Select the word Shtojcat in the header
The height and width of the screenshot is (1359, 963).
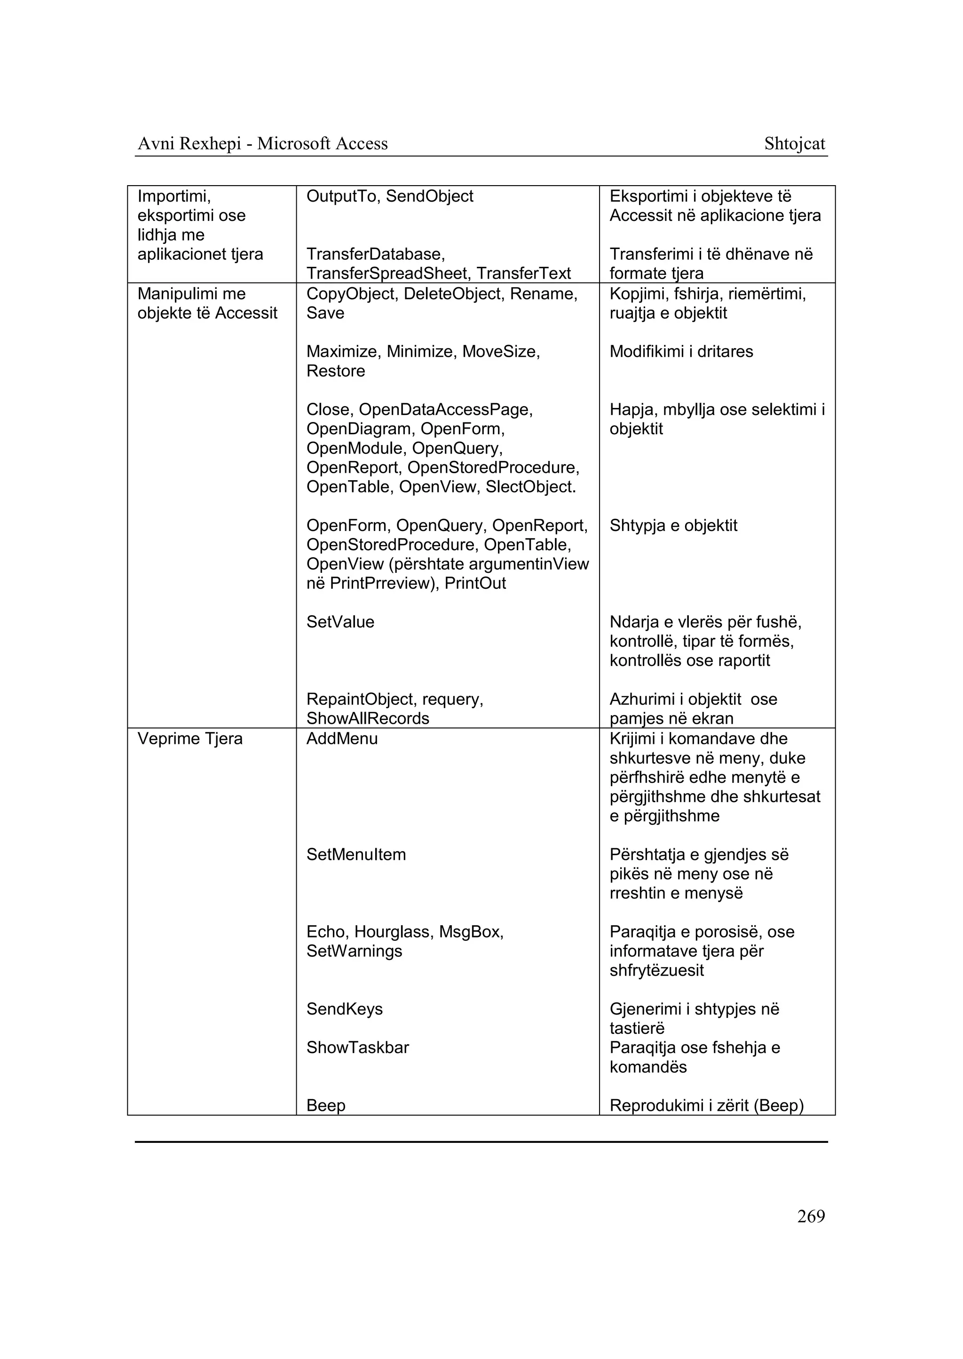[x=794, y=144]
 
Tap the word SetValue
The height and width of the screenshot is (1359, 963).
[x=340, y=622]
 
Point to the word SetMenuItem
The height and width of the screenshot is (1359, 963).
[x=356, y=855]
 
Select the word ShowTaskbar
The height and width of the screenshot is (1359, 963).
[x=357, y=1047]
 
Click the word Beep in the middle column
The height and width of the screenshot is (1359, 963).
[x=325, y=1105]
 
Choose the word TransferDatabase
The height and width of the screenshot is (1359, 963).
[x=375, y=254]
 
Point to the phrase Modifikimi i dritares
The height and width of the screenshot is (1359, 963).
[x=681, y=351]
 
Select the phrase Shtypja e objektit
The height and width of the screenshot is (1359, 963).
[x=673, y=526]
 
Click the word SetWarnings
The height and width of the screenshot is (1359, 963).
[x=354, y=951]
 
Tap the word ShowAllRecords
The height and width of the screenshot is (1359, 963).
[x=367, y=719]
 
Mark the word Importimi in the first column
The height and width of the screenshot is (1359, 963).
[x=174, y=196]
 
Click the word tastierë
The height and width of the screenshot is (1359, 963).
[x=636, y=1028]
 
